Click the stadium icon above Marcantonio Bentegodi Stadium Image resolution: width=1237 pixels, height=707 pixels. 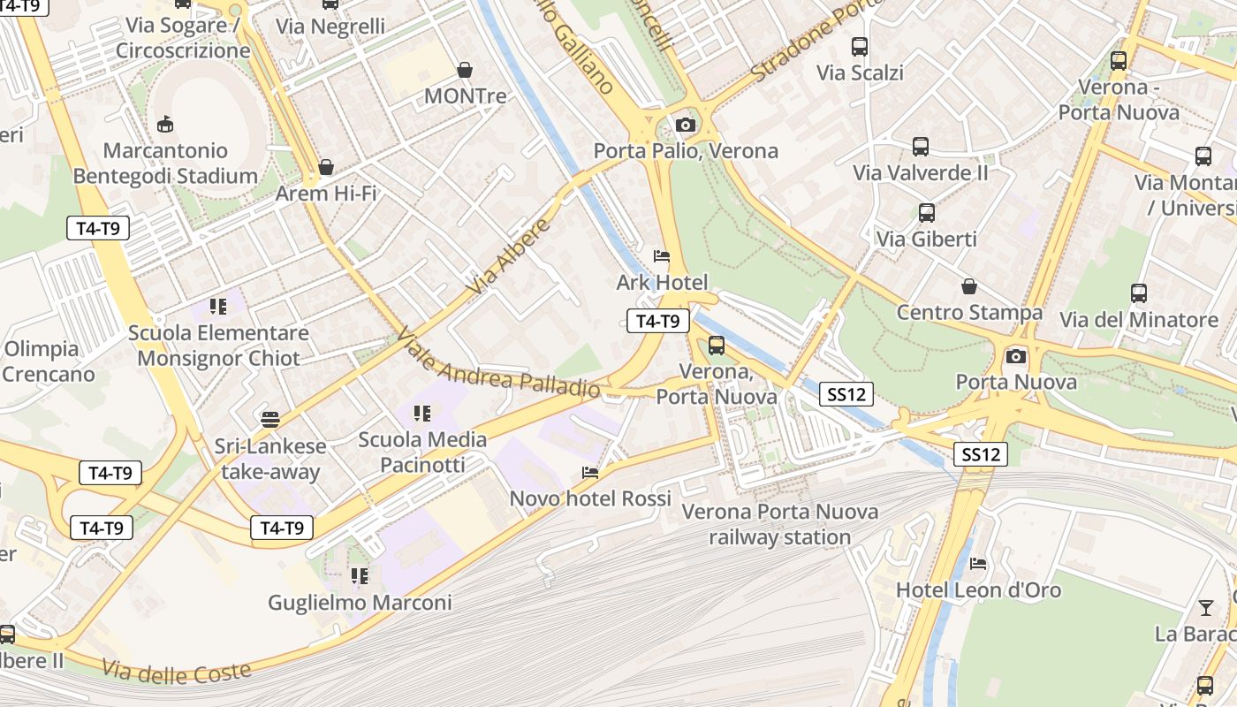165,124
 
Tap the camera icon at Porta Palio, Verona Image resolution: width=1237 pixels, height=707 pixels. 686,125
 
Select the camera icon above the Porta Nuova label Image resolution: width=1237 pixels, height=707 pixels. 1016,356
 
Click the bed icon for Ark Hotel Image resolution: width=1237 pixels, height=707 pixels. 662,256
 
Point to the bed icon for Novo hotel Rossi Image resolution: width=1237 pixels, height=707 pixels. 590,473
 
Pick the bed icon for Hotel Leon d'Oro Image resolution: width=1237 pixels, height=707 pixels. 978,564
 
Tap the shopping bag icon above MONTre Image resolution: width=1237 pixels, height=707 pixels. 465,70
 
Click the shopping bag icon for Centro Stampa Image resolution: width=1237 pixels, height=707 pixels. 969,286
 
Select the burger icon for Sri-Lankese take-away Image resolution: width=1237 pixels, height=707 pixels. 270,419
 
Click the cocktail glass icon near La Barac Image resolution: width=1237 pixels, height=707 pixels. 1206,608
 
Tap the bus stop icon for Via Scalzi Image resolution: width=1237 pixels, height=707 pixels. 860,47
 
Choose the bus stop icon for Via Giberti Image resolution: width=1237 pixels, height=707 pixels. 926,213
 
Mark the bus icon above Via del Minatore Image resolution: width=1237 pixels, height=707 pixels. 1139,293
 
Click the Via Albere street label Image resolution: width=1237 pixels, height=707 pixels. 509,257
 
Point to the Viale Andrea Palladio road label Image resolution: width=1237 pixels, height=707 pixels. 498,364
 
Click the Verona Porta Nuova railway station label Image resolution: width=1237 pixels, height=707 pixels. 780,524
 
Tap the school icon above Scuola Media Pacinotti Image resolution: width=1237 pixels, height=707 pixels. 422,413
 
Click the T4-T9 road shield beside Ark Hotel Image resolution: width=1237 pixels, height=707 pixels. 657,321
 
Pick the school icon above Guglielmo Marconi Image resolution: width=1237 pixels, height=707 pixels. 360,576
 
